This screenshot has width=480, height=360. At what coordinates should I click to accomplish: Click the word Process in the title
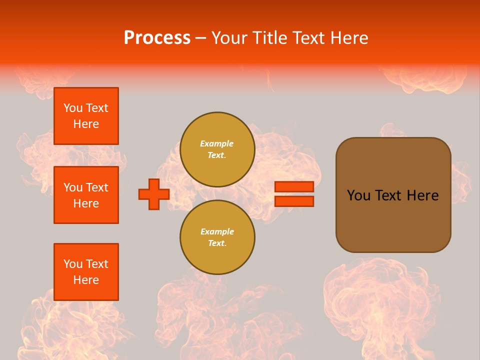pos(157,38)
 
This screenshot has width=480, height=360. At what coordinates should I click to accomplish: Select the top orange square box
pos(86,116)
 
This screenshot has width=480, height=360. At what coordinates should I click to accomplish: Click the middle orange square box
pos(86,195)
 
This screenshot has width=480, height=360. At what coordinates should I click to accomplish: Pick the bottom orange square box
pos(86,272)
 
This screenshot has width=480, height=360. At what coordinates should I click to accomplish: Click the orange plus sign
pos(154,194)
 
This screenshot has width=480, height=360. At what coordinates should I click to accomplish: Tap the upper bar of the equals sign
pos(294,186)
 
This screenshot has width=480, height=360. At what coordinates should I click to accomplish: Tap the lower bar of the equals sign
pos(294,201)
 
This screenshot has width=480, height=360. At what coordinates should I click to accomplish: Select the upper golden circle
pos(217,149)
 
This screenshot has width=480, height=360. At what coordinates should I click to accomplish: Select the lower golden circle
pos(217,237)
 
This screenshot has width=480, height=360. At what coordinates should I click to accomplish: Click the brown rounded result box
pos(393,220)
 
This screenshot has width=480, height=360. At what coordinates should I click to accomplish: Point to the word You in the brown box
pos(358,195)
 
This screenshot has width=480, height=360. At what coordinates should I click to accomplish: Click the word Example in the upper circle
pos(217,143)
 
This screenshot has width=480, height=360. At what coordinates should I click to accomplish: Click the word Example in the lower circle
pos(217,231)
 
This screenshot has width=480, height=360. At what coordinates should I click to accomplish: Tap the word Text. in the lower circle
pos(217,243)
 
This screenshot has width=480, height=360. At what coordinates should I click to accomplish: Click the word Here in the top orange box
pos(86,124)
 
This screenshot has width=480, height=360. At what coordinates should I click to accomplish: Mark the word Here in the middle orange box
pos(86,203)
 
